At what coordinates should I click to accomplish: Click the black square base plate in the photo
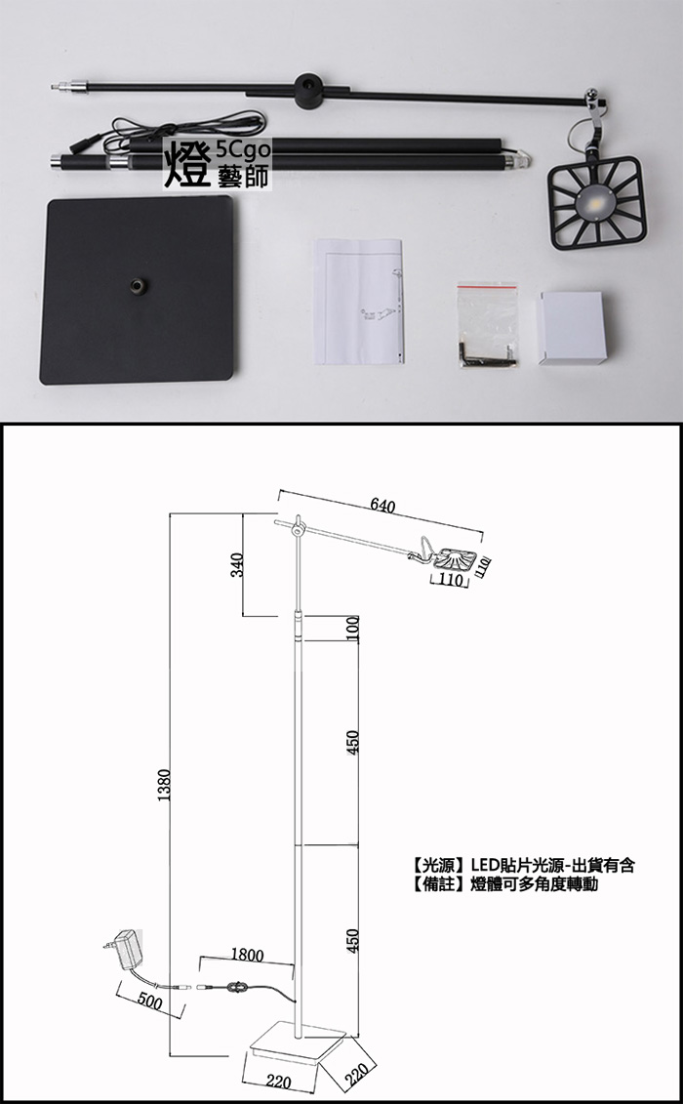[x=138, y=289]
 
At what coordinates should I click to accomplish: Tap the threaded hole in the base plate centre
[x=135, y=285]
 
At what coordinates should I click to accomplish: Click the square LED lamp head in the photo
[x=596, y=203]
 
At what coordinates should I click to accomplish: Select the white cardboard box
[x=573, y=327]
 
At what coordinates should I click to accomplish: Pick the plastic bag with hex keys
[x=488, y=325]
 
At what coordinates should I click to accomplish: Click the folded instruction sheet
[x=359, y=302]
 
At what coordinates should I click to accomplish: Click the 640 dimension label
[x=382, y=506]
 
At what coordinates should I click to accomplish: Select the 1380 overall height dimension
[x=164, y=785]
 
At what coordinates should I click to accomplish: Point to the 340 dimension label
[x=237, y=565]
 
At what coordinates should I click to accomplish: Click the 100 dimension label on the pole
[x=354, y=628]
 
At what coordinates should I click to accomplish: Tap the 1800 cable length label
[x=247, y=956]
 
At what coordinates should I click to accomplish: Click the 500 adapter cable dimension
[x=149, y=1002]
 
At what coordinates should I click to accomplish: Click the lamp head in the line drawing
[x=453, y=558]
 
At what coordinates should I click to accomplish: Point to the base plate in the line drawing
[x=298, y=1043]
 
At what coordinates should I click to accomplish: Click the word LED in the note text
[x=484, y=865]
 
